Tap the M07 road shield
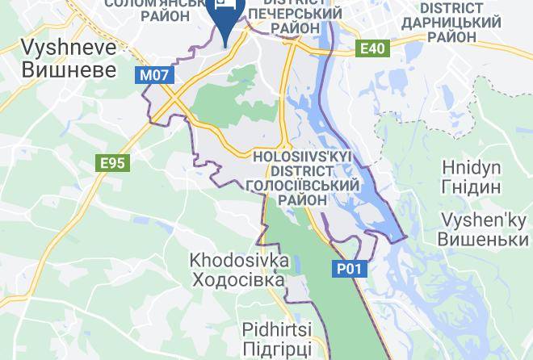click(x=153, y=75)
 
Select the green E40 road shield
click(x=372, y=49)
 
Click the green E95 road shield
click(x=112, y=163)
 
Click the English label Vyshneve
click(x=69, y=46)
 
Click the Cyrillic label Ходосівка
click(x=239, y=280)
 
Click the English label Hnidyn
click(x=472, y=167)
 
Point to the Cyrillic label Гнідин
click(x=472, y=187)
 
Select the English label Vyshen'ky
click(x=482, y=220)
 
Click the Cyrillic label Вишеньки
click(x=482, y=240)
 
